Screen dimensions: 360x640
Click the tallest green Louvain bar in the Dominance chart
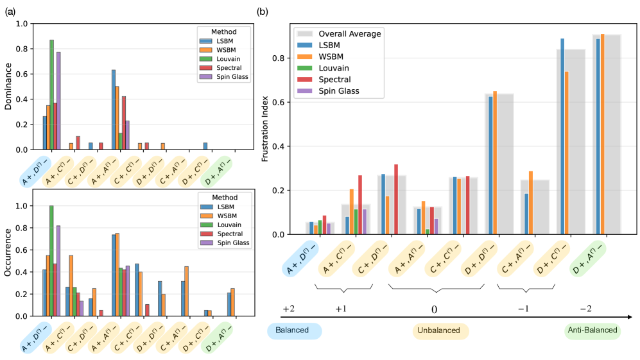click(52, 94)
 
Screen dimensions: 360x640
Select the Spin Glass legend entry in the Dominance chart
click(218, 77)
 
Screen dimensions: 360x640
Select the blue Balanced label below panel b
click(293, 330)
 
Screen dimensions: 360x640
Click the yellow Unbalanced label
click(440, 330)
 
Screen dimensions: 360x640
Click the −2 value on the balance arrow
click(585, 309)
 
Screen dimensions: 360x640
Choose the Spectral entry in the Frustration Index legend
click(334, 80)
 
